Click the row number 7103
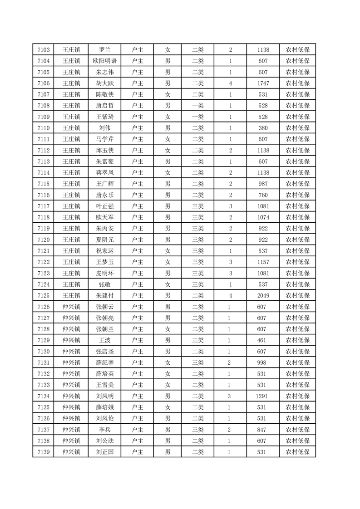pyautogui.click(x=44, y=50)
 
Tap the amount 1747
pyautogui.click(x=263, y=83)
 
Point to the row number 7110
pyautogui.click(x=44, y=128)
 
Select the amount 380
pyautogui.click(x=263, y=128)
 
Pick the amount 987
pyautogui.click(x=263, y=183)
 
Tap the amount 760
pyautogui.click(x=263, y=195)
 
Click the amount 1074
pyautogui.click(x=263, y=217)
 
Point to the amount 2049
pyautogui.click(x=263, y=295)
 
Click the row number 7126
pyautogui.click(x=44, y=306)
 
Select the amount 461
pyautogui.click(x=263, y=340)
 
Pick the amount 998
pyautogui.click(x=263, y=362)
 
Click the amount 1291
pyautogui.click(x=263, y=396)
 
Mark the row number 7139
pyautogui.click(x=44, y=451)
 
